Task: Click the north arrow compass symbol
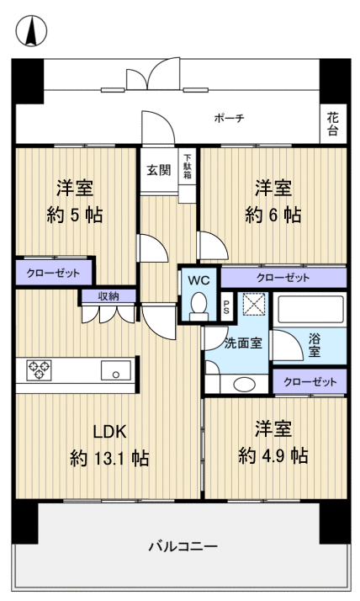[x=31, y=32]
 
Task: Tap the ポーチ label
[x=229, y=119]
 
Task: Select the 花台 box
[x=333, y=125]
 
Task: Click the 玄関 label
[x=159, y=169]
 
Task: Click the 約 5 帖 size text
[x=74, y=215]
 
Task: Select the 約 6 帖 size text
[x=273, y=215]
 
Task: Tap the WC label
[x=199, y=278]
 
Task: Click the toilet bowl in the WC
[x=199, y=305]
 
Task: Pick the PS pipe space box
[x=225, y=306]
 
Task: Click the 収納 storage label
[x=108, y=295]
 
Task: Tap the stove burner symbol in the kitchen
[x=39, y=370]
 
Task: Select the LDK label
[x=109, y=432]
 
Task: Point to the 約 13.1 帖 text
[x=109, y=459]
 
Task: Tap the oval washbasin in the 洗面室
[x=244, y=384]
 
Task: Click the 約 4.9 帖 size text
[x=273, y=455]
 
